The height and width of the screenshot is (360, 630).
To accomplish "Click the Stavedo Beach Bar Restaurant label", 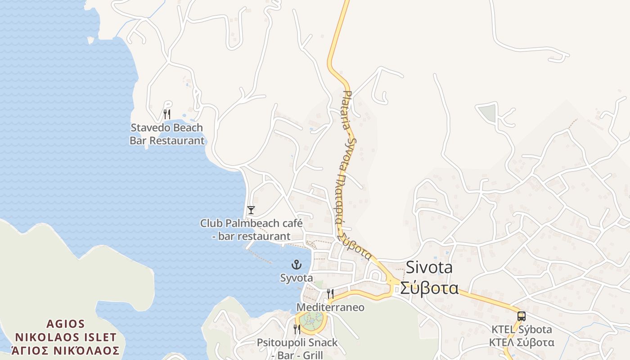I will point(166,134).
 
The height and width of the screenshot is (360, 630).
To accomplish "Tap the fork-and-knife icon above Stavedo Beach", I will point(167,114).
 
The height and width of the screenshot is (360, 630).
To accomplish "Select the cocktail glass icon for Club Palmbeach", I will point(251,210).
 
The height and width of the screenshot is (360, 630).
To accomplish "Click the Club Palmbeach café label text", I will point(251,229).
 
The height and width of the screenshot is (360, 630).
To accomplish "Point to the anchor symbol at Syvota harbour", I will point(296,265).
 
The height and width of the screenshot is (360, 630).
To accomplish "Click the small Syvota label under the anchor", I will point(296,278).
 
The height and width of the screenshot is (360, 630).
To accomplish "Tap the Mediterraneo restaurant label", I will point(330,307).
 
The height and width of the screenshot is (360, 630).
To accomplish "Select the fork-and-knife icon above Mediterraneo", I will point(330,294).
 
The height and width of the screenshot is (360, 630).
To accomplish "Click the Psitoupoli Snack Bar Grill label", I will point(297,348).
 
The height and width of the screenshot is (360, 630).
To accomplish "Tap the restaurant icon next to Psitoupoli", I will point(297,329).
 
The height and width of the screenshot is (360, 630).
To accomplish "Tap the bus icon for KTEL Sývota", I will point(521,316).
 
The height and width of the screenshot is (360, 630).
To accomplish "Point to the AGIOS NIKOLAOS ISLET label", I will point(66,330).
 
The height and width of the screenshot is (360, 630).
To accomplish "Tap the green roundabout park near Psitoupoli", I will point(311,321).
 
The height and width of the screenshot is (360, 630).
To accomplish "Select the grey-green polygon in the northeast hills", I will point(487,112).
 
